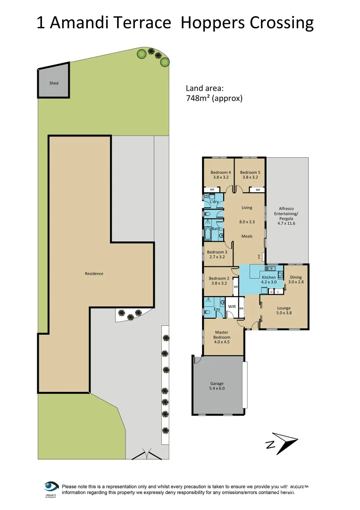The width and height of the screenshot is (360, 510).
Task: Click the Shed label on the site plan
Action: [54, 83]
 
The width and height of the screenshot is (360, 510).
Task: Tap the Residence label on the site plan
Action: [94, 273]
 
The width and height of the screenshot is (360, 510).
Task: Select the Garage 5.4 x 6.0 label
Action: [218, 386]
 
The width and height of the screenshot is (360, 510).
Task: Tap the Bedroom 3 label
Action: [217, 255]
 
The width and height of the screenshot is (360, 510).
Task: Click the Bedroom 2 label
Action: [218, 281]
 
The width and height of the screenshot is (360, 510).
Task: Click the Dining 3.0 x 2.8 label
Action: [295, 280]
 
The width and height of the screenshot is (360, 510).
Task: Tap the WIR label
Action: [232, 306]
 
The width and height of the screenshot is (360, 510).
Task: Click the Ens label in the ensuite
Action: [217, 309]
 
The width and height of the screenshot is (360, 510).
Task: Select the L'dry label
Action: [214, 202]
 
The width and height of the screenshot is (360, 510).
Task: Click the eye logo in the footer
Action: [50, 487]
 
